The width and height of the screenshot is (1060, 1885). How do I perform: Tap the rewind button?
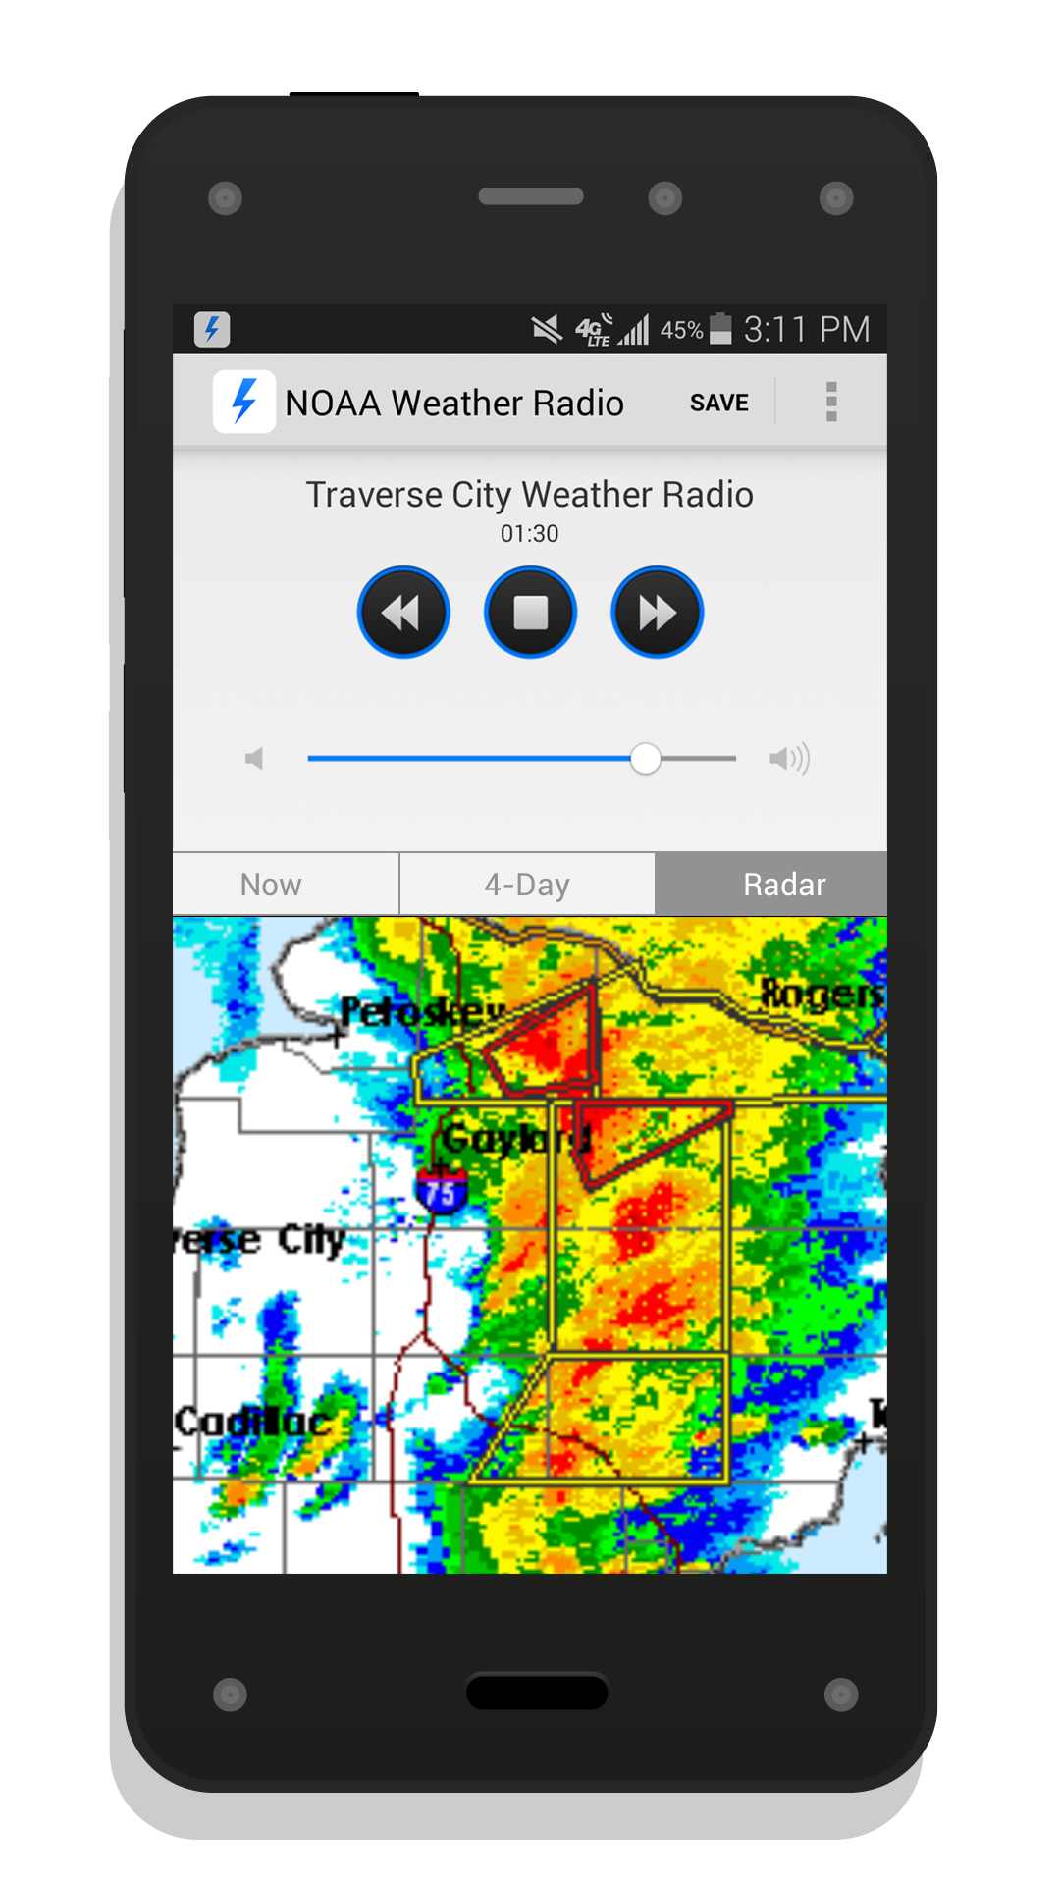click(x=402, y=613)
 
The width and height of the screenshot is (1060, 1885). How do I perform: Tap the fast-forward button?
click(x=657, y=613)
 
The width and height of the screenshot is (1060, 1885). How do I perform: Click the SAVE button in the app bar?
click(x=718, y=403)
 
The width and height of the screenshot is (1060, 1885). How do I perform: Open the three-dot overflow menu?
click(x=831, y=402)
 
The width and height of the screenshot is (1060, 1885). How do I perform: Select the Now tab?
click(x=271, y=885)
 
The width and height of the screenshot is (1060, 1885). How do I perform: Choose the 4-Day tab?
click(x=527, y=885)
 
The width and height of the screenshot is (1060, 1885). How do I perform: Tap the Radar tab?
click(x=784, y=885)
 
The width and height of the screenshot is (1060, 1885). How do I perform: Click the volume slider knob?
click(x=645, y=759)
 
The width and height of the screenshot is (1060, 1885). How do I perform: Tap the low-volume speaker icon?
click(x=254, y=759)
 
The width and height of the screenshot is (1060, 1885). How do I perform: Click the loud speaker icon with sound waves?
click(x=789, y=759)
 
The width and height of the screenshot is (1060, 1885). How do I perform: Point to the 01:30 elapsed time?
click(x=529, y=534)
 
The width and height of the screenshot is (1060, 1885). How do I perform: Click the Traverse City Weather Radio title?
click(x=529, y=495)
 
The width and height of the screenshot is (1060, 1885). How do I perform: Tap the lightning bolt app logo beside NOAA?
click(x=243, y=402)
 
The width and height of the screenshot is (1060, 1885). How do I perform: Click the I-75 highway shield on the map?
click(x=442, y=1191)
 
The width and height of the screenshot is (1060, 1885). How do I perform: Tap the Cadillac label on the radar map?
click(x=252, y=1421)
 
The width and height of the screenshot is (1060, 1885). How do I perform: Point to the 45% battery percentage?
click(x=681, y=330)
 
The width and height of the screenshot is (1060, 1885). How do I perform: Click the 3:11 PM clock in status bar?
click(x=806, y=330)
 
